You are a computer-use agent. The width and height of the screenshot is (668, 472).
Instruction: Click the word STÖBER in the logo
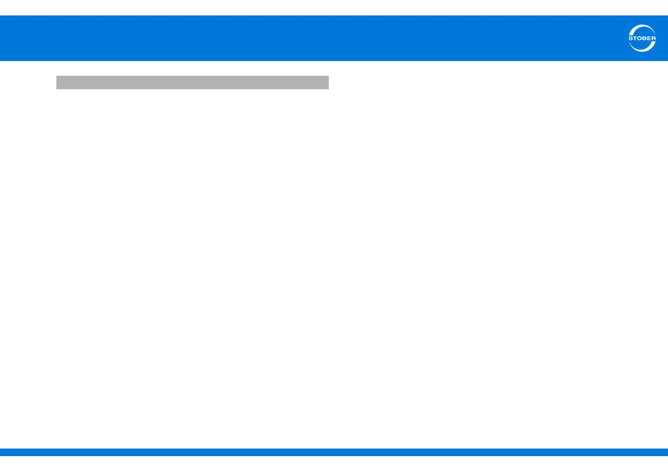tap(642, 39)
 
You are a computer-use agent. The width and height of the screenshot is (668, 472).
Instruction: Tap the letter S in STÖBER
tap(631, 39)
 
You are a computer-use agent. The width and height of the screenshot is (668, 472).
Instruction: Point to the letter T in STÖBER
tap(635, 39)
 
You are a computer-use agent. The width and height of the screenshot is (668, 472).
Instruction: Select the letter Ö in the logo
tap(639, 38)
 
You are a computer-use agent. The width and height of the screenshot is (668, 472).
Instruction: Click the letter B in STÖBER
tap(644, 39)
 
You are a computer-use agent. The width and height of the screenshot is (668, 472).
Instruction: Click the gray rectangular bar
tap(192, 83)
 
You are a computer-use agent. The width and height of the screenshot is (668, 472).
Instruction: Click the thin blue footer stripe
tap(334, 452)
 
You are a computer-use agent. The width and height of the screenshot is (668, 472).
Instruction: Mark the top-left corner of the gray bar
tap(57, 76)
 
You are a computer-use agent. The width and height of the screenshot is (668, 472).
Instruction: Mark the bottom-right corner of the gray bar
tap(328, 88)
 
